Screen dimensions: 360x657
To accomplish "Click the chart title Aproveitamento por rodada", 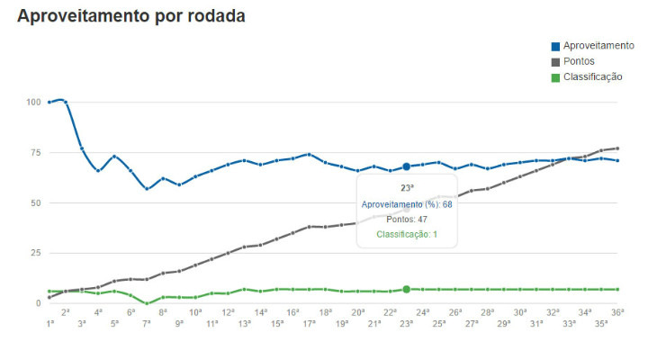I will click(131, 17).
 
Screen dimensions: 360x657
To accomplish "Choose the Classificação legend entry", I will click(592, 76).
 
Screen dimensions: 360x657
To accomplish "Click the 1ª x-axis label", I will click(49, 323).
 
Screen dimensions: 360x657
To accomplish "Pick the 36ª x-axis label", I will click(617, 311).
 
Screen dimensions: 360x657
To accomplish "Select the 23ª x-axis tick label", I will click(406, 323).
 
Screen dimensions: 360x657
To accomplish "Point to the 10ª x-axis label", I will click(195, 311).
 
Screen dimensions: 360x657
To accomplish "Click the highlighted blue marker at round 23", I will click(407, 166).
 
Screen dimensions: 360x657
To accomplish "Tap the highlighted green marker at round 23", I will click(407, 289).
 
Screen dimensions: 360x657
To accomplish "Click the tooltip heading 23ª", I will click(407, 188).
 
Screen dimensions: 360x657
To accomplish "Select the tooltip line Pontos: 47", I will click(407, 219).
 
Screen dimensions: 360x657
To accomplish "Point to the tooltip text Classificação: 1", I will click(407, 234).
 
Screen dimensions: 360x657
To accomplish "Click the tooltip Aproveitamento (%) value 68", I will click(445, 204).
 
